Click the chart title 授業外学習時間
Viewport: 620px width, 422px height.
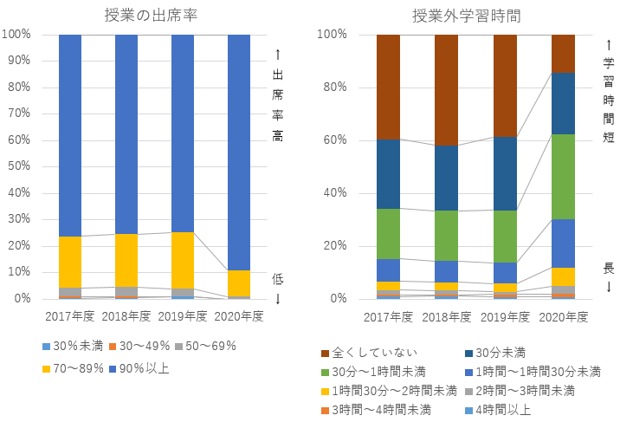[466, 15]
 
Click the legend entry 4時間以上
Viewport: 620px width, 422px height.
[503, 409]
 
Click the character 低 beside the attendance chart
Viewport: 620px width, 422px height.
[278, 279]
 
